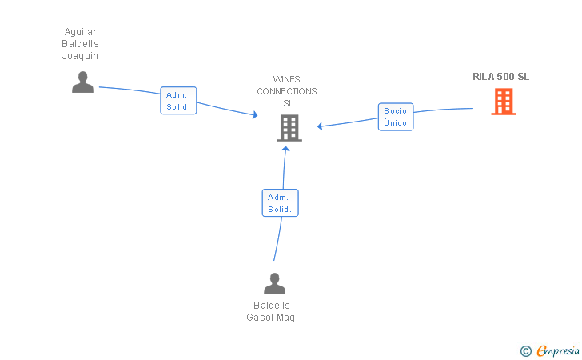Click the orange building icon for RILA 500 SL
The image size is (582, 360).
[504, 102]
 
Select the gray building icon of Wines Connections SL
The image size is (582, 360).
[289, 128]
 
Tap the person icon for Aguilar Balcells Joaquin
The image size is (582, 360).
[83, 82]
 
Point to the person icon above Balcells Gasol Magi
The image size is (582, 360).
[275, 283]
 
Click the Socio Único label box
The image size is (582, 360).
[396, 117]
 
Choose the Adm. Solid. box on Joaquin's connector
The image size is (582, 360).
[178, 101]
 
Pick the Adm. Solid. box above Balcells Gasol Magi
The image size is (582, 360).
[281, 203]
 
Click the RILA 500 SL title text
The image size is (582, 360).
[500, 77]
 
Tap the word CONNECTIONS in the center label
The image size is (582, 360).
[287, 91]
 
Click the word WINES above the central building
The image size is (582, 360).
[286, 79]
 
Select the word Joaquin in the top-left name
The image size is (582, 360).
[80, 56]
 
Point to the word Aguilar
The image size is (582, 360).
[80, 32]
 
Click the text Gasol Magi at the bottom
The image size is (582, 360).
[273, 318]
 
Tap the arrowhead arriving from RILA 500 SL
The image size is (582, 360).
[320, 126]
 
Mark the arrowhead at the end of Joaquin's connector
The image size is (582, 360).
[255, 114]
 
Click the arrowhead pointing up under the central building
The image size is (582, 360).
[285, 149]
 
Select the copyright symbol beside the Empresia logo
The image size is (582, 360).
[525, 351]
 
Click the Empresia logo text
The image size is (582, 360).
[558, 351]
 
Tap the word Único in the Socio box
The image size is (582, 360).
[395, 122]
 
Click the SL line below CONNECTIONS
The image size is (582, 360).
[289, 103]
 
